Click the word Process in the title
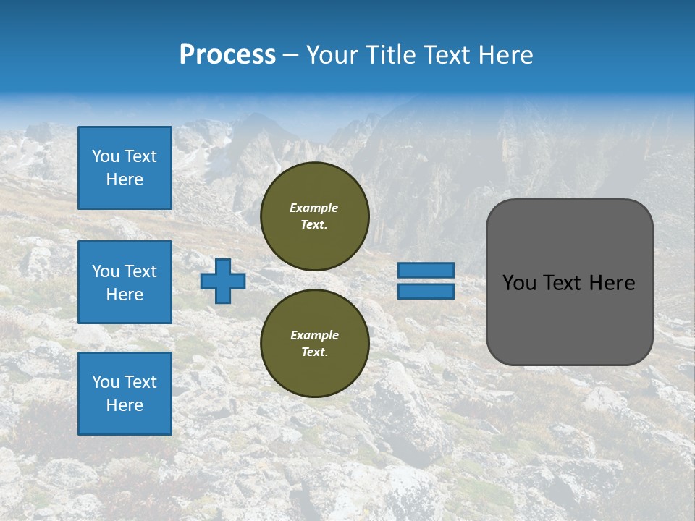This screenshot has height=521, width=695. (227, 55)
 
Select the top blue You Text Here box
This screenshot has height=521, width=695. (125, 168)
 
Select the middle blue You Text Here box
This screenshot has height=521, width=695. (125, 282)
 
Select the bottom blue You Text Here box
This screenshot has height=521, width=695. (125, 394)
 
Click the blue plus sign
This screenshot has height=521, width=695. (223, 281)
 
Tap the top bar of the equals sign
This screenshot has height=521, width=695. (426, 270)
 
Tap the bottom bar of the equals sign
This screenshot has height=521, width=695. (426, 292)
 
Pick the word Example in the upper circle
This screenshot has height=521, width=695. (314, 208)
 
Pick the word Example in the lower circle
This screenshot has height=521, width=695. (314, 335)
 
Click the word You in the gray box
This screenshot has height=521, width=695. (520, 283)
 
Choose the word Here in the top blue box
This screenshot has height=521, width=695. (125, 179)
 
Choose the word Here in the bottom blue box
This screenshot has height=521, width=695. (125, 405)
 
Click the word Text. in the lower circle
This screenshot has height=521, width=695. (314, 352)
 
